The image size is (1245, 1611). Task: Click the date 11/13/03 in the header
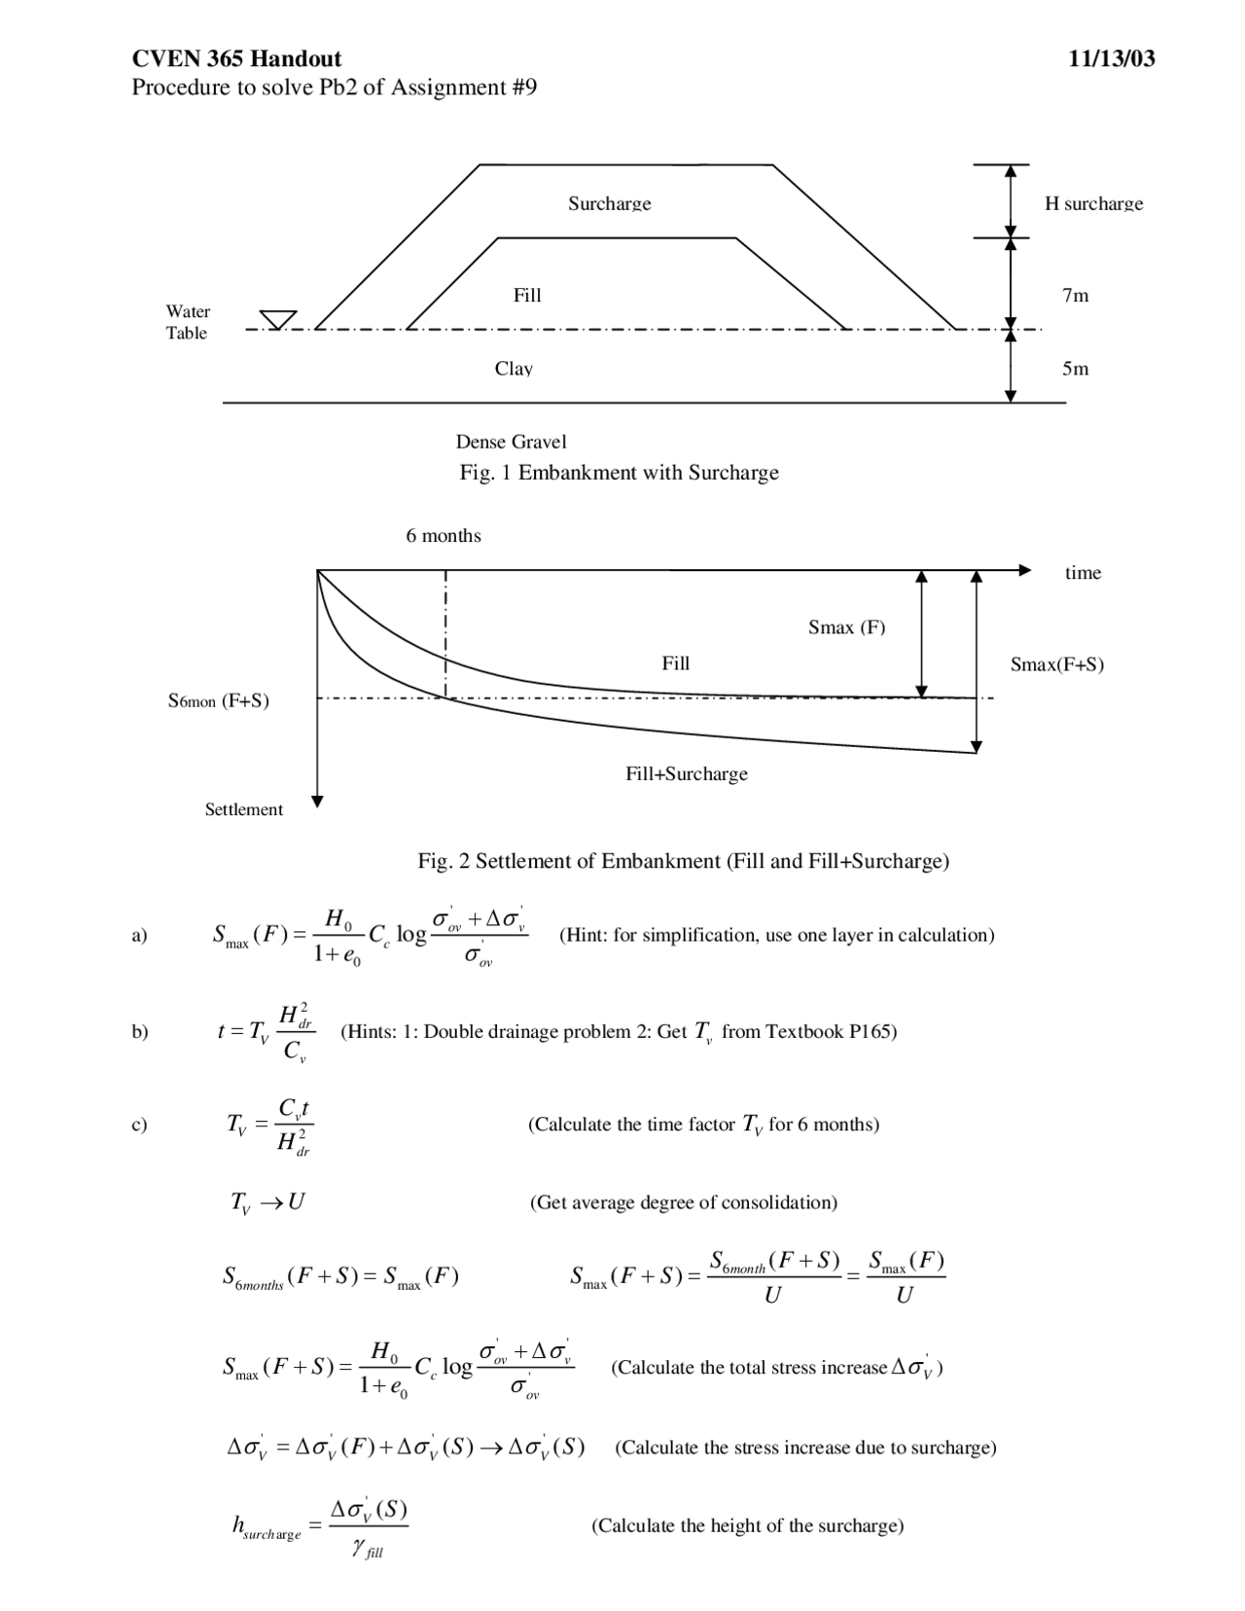pyautogui.click(x=1111, y=58)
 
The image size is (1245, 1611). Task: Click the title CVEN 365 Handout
pyautogui.click(x=236, y=58)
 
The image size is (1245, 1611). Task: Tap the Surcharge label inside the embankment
pyautogui.click(x=609, y=203)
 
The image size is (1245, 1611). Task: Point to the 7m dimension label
pyautogui.click(x=1075, y=295)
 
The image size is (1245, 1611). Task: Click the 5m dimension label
pyautogui.click(x=1075, y=369)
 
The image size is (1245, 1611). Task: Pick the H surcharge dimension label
pyautogui.click(x=1093, y=203)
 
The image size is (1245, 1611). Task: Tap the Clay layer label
pyautogui.click(x=514, y=369)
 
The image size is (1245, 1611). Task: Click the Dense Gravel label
pyautogui.click(x=511, y=442)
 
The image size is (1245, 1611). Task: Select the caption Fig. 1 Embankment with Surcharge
pyautogui.click(x=619, y=473)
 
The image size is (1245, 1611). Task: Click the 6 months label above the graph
pyautogui.click(x=444, y=536)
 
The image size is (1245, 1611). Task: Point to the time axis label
pyautogui.click(x=1083, y=573)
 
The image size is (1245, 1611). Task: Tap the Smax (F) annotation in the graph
pyautogui.click(x=846, y=627)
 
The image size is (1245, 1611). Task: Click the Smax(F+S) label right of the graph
pyautogui.click(x=1056, y=664)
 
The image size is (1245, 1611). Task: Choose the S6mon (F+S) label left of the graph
pyautogui.click(x=218, y=700)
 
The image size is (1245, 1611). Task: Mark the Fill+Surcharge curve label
pyautogui.click(x=686, y=774)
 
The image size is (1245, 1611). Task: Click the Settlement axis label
pyautogui.click(x=243, y=809)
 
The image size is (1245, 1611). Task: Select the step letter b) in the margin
pyautogui.click(x=140, y=1031)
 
